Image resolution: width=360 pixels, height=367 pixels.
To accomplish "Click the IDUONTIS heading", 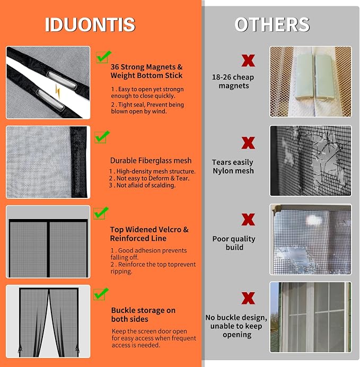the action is click(x=90, y=24).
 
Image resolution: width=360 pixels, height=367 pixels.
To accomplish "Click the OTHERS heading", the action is click(x=272, y=24).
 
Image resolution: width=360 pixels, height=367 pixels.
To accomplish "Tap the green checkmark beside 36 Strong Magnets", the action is click(x=103, y=57).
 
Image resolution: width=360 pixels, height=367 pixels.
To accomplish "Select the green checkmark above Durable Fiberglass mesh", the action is click(x=102, y=137).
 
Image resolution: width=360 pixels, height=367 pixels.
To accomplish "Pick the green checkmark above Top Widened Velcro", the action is click(x=101, y=213).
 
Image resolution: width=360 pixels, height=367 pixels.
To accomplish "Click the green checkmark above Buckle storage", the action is click(x=101, y=294).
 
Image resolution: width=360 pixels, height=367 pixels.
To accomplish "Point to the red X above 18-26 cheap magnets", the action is click(x=248, y=60).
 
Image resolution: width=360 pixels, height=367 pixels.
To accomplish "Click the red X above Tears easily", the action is click(x=248, y=143).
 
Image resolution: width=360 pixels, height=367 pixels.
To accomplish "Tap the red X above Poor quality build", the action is click(x=248, y=220).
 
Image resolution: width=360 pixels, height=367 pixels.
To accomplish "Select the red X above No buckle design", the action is click(x=248, y=298).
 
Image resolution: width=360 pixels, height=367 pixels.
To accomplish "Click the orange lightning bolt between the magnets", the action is click(x=58, y=91).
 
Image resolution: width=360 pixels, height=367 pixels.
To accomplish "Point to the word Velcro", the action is click(x=170, y=230).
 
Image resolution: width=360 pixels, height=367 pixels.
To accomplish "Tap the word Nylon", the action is click(x=223, y=171).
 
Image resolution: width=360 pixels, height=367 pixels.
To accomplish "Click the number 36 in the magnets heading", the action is click(x=115, y=67).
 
